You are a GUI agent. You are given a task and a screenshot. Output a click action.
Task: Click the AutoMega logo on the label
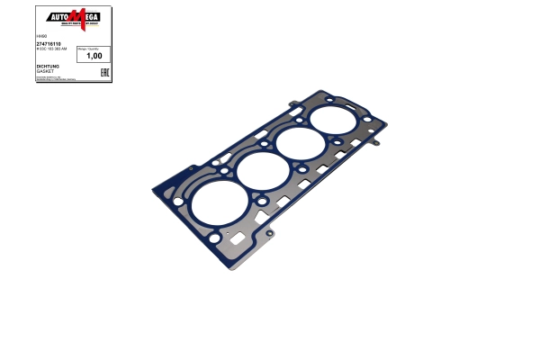pyautogui.click(x=73, y=17)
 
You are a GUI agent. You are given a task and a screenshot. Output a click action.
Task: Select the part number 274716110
pyautogui.click(x=49, y=43)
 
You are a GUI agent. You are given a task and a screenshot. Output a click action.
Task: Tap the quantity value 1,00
pyautogui.click(x=93, y=56)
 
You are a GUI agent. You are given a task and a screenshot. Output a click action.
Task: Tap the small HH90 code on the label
pyautogui.click(x=40, y=37)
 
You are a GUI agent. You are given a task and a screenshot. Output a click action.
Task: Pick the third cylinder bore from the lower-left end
pyautogui.click(x=299, y=145)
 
